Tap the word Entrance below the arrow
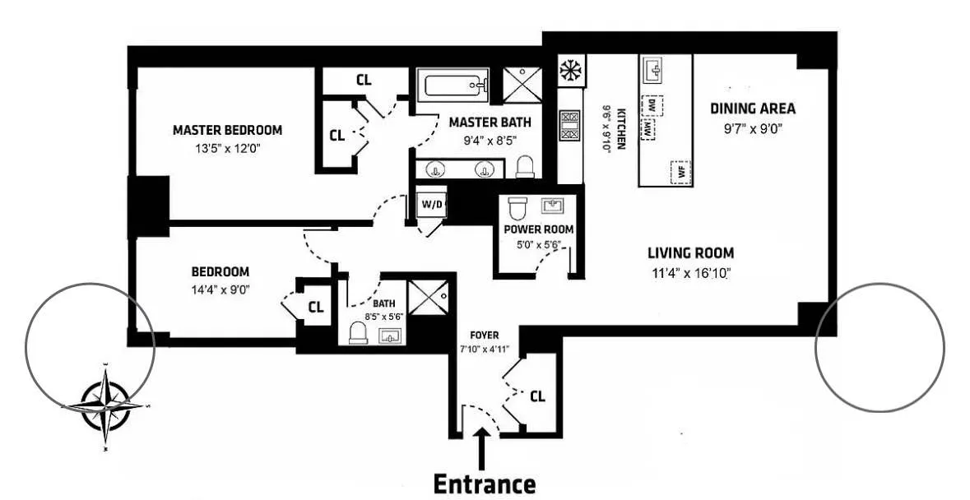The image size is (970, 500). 484,484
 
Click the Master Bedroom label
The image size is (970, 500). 227,130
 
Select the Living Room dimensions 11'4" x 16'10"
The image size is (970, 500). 689,273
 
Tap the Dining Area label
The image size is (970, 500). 753,109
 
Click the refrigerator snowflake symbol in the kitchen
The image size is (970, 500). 569,72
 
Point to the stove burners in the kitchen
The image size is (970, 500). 569,127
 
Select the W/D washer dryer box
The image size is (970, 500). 430,204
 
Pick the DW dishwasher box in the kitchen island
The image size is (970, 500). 652,105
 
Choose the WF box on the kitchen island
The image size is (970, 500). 680,172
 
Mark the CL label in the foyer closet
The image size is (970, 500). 537,396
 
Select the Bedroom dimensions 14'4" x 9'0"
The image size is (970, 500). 220,289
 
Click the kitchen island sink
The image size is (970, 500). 655,71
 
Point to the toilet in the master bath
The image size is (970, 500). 525,168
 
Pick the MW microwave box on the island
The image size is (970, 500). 649,130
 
